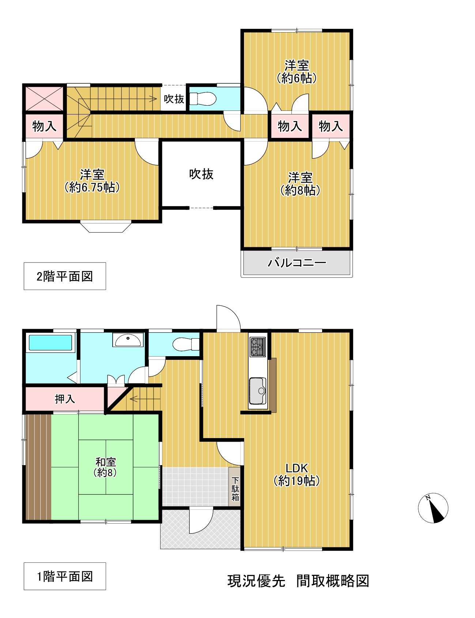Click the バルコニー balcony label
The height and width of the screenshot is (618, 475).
pos(297,263)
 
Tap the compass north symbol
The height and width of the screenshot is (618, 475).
pos(433,508)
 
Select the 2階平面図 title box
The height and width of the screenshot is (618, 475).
pos(65,276)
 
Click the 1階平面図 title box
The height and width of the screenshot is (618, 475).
pos(65,576)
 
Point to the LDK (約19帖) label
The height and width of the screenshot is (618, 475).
pos(297,474)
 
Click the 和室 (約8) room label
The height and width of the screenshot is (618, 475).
pos(105,467)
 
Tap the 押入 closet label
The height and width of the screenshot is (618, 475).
pos(65,399)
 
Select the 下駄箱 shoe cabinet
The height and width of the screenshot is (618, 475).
pos(235,487)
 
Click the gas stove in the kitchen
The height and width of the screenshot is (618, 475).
pos(257,347)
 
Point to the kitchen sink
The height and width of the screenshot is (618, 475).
pos(258,391)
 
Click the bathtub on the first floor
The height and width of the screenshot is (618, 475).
pos(50,343)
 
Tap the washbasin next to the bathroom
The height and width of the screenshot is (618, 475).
pos(128,340)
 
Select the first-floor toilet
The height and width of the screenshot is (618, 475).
pos(185,344)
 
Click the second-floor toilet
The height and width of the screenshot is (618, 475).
pos(203,98)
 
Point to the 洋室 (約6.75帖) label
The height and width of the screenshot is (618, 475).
pos(92,181)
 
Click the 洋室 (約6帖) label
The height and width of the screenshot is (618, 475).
pos(297,72)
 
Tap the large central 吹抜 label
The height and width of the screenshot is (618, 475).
pos(201,174)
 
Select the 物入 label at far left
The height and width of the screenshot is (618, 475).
pos(44,126)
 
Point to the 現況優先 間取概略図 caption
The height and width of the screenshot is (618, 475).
pos(298,581)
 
